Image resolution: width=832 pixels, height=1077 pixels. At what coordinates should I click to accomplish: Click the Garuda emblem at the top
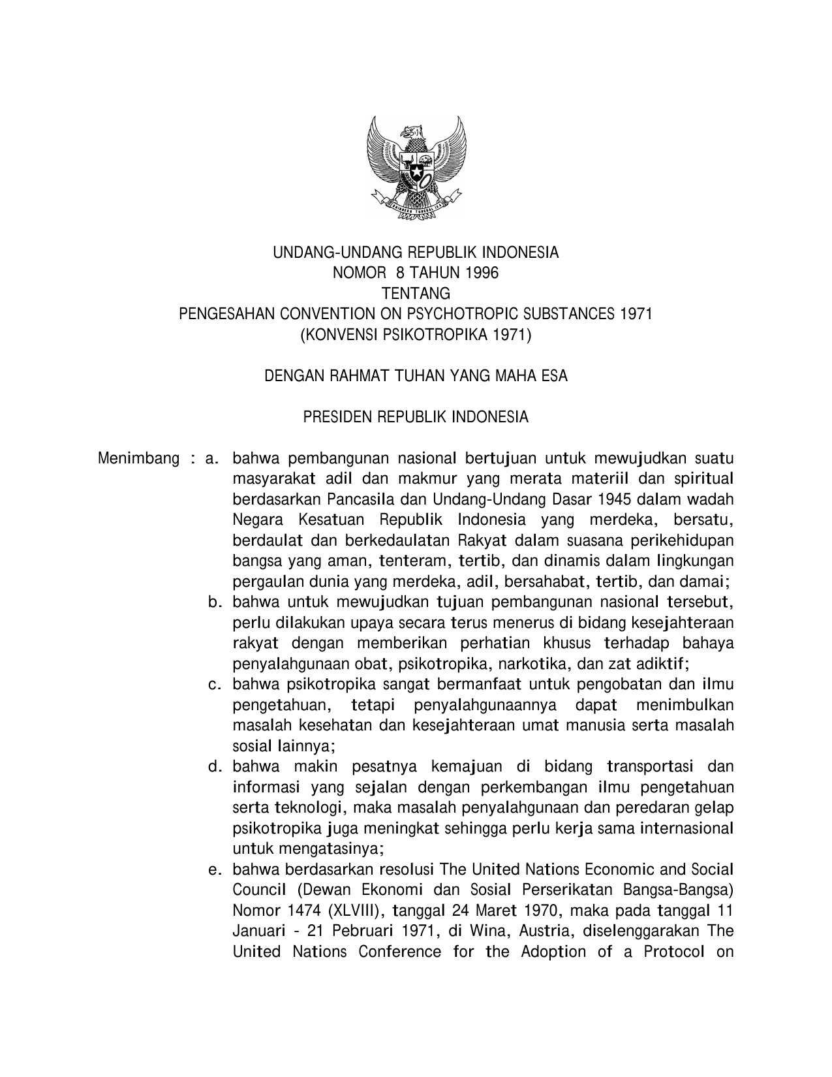[x=416, y=168]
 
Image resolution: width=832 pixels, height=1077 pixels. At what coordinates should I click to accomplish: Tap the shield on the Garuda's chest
[x=416, y=171]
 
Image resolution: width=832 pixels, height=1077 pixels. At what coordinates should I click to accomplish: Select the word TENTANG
[x=416, y=294]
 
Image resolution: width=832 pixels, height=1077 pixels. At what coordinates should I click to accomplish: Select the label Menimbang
[x=138, y=458]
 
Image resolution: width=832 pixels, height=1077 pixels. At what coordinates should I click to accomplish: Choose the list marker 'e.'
[x=215, y=870]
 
